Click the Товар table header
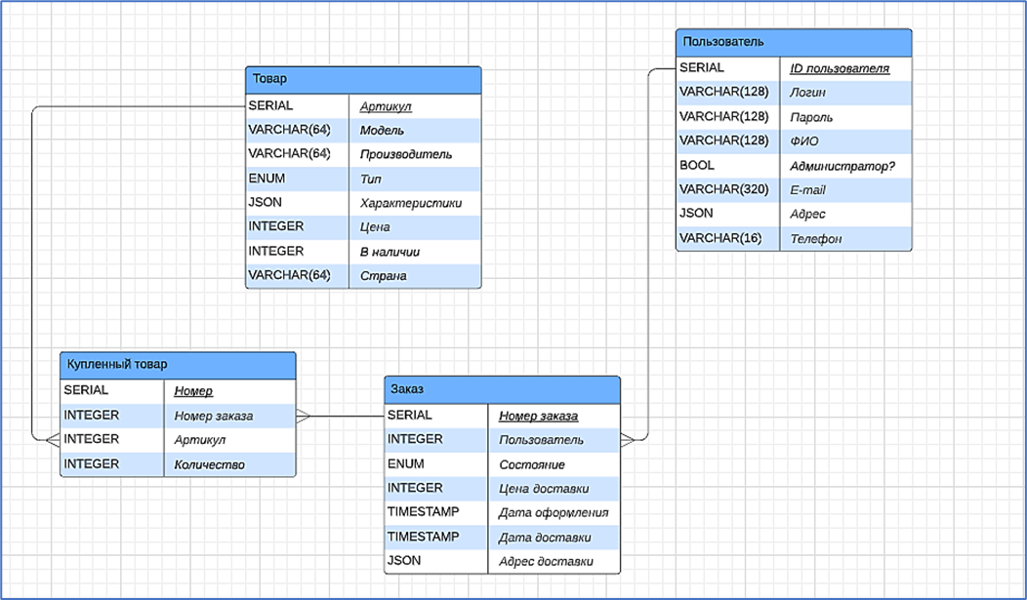[363, 79]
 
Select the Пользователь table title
[794, 42]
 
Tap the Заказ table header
[502, 389]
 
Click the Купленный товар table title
[178, 364]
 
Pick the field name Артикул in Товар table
[385, 106]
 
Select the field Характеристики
[410, 203]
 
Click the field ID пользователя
[839, 68]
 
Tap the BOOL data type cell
[697, 166]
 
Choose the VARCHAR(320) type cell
[723, 189]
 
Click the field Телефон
[815, 238]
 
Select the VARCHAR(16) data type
[719, 238]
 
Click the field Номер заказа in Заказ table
[538, 416]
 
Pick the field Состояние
[531, 464]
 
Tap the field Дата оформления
[554, 512]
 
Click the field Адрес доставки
[546, 562]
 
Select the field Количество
[209, 464]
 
